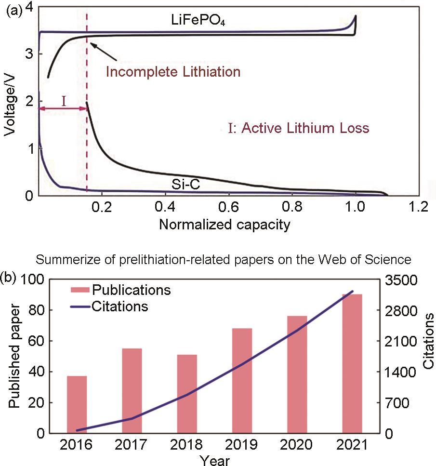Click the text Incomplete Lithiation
(x=173, y=72)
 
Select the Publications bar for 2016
(x=77, y=404)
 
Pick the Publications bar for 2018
(x=186, y=394)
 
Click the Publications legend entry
(x=132, y=291)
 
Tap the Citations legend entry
(x=120, y=306)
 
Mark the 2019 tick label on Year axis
(x=242, y=444)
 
